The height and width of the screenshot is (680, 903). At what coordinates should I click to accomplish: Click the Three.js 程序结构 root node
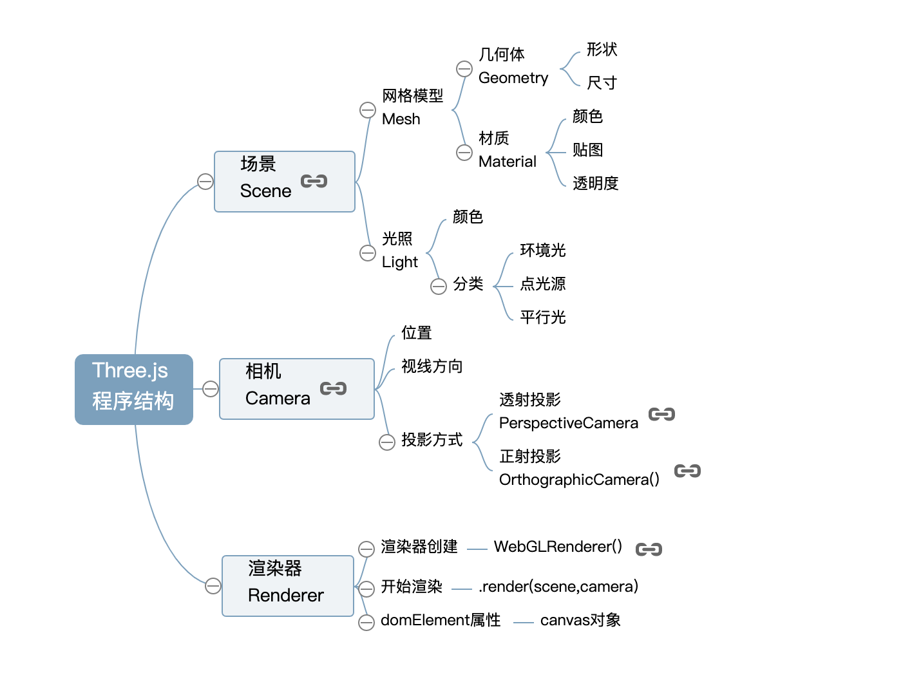pyautogui.click(x=133, y=389)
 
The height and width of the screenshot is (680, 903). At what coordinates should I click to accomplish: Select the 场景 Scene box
pyautogui.click(x=284, y=182)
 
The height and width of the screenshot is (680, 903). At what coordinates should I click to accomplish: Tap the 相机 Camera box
pyautogui.click(x=296, y=389)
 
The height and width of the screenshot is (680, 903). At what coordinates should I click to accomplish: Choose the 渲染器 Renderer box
pyautogui.click(x=287, y=585)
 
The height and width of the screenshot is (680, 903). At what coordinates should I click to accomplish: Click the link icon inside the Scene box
pyautogui.click(x=314, y=181)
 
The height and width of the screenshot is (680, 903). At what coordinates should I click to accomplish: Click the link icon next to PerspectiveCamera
pyautogui.click(x=661, y=414)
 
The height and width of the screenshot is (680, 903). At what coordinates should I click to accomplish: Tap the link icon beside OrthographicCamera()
pyautogui.click(x=687, y=471)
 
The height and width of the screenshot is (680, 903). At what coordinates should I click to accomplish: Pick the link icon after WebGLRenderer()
pyautogui.click(x=649, y=549)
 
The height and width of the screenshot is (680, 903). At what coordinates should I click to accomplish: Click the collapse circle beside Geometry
pyautogui.click(x=464, y=68)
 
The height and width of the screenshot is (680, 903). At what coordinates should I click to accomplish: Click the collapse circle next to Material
pyautogui.click(x=464, y=152)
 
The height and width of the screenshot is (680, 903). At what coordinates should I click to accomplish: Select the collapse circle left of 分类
pyautogui.click(x=439, y=286)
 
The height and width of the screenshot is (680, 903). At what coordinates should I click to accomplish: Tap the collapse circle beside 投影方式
pyautogui.click(x=387, y=442)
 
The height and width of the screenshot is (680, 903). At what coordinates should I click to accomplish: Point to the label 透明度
pyautogui.click(x=595, y=184)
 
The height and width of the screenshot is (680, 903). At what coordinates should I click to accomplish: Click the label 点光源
pyautogui.click(x=542, y=284)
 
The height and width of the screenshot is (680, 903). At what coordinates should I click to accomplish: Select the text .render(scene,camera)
pyautogui.click(x=558, y=587)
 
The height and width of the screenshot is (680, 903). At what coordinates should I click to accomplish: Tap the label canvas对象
pyautogui.click(x=580, y=620)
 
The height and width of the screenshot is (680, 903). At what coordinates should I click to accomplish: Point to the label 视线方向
pyautogui.click(x=432, y=366)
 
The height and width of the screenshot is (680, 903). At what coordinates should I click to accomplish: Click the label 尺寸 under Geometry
pyautogui.click(x=602, y=83)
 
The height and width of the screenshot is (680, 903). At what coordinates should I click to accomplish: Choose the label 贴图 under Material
pyautogui.click(x=587, y=150)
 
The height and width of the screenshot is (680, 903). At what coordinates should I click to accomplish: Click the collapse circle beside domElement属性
pyautogui.click(x=366, y=622)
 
